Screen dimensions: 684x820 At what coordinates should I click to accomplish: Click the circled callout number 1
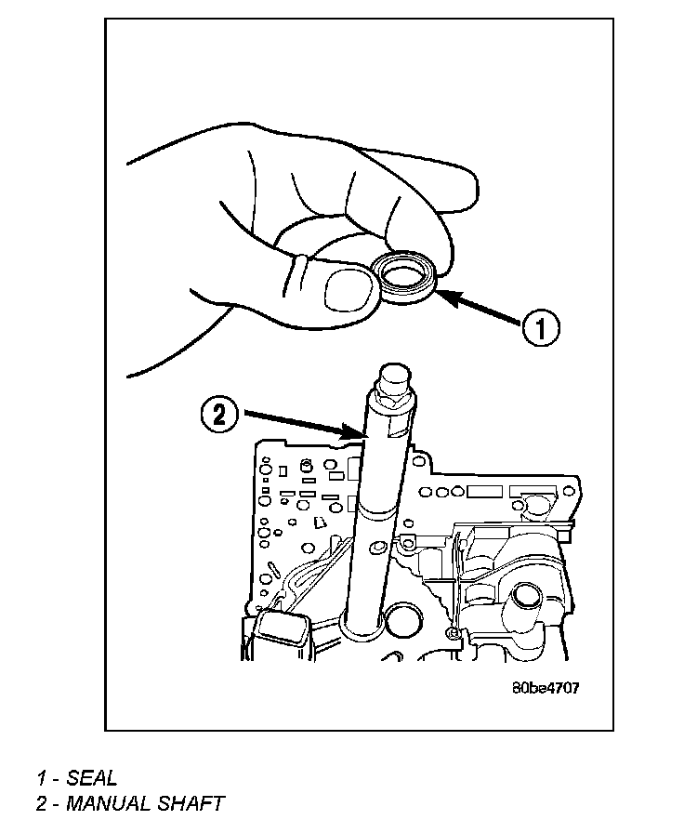click(x=540, y=327)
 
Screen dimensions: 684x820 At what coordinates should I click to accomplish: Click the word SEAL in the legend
click(x=92, y=778)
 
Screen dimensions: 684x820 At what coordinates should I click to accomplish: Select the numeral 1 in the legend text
click(x=42, y=778)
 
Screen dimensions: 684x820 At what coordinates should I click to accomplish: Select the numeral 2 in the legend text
click(x=42, y=802)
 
